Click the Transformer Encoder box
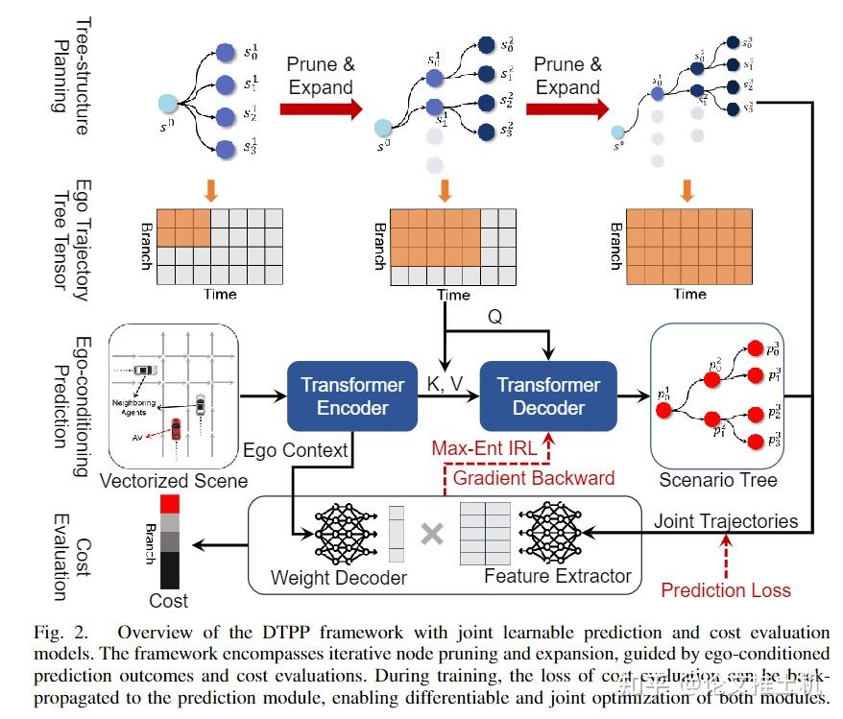click(352, 395)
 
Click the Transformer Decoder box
click(548, 395)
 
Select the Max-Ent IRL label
click(485, 448)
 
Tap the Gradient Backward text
click(535, 478)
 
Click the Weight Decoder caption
click(339, 578)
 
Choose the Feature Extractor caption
click(558, 576)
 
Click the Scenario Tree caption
click(718, 479)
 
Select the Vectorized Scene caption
click(174, 481)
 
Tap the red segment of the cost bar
click(169, 503)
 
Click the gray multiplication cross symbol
click(432, 534)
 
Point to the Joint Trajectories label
click(726, 521)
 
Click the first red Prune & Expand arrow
click(321, 107)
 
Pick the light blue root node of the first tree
click(167, 103)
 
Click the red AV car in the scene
click(176, 427)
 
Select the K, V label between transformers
click(445, 384)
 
